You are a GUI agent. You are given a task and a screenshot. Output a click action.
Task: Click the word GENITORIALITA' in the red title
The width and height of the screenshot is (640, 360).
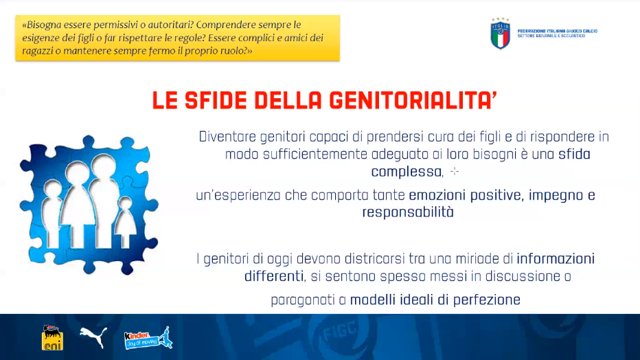coord(413,100)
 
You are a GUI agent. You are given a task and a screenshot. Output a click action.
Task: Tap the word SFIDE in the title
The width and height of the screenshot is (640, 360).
coord(216,100)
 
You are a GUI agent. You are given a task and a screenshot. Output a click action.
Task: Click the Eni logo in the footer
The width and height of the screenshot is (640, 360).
coord(52,337)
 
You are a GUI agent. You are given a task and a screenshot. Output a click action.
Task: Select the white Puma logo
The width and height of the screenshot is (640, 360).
coord(93,337)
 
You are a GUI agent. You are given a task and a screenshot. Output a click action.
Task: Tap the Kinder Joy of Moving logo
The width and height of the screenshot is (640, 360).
coord(148,338)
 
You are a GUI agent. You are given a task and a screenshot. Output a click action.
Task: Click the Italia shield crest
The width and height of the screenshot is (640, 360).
coord(500,34)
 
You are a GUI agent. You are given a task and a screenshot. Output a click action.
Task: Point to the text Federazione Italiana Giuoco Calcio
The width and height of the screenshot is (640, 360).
coord(558,31)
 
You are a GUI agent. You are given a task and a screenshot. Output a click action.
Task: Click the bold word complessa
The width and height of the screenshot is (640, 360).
coord(407,172)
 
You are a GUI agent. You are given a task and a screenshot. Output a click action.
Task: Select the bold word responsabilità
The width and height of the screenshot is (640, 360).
coord(408,212)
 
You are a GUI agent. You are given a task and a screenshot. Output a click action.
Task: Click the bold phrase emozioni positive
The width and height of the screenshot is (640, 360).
coord(465,195)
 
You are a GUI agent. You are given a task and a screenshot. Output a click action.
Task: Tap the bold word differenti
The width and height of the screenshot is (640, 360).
coord(274,276)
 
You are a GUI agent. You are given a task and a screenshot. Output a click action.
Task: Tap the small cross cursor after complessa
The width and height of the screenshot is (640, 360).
coord(455,172)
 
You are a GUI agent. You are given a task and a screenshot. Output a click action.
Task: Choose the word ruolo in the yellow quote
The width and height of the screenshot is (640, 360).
coord(234,51)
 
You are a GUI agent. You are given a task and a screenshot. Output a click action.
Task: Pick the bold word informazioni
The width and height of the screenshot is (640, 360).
coord(556,259)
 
